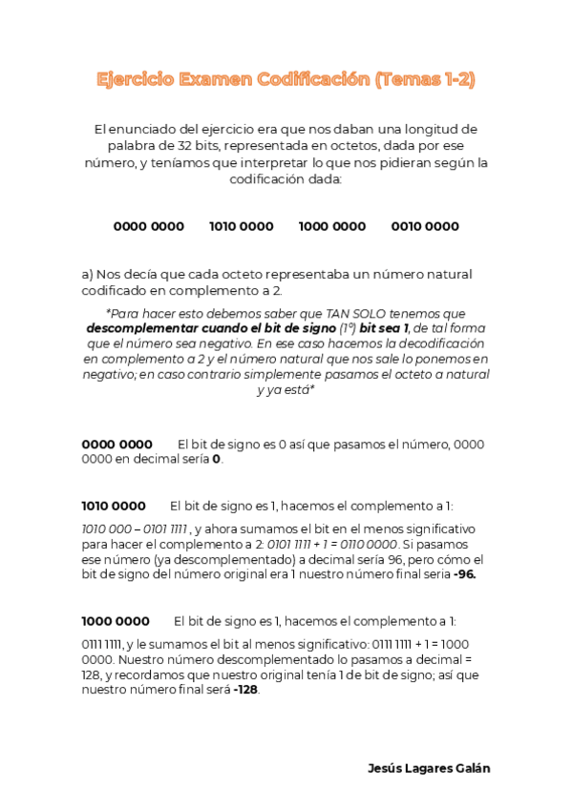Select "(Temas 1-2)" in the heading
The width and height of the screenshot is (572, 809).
pos(425,80)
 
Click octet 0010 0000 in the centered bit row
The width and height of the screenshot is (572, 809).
pos(425,226)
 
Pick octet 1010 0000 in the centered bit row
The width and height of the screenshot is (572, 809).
pos(241,226)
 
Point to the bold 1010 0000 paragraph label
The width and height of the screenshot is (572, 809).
pos(114,506)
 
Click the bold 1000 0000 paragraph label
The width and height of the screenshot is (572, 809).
pos(116,620)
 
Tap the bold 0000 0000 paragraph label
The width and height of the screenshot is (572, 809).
pos(117,444)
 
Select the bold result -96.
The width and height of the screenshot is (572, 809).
pos(463,575)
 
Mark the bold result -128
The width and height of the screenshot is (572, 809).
pos(244,690)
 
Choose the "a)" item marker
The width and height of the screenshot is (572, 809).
pos(88,274)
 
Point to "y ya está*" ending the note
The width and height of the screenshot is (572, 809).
pos(286,389)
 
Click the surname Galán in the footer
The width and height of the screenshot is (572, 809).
pos(470,769)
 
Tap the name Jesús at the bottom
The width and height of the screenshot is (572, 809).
pos(386,769)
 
